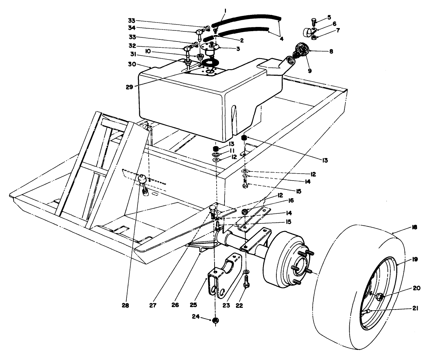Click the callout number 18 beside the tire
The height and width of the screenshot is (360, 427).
[414, 227]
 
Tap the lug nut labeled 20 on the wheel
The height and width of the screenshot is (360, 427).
[379, 296]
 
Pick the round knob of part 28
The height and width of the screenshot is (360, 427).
[142, 179]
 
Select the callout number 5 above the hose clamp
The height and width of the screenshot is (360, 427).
[329, 17]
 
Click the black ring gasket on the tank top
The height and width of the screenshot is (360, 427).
[210, 63]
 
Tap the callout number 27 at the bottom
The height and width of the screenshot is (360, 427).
[153, 306]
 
